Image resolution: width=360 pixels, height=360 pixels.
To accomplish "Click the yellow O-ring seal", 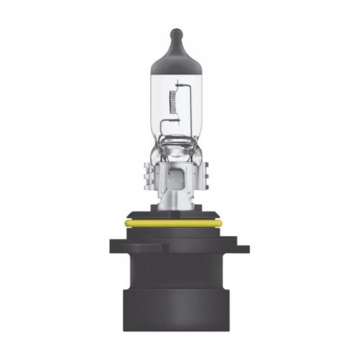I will click(180, 223).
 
